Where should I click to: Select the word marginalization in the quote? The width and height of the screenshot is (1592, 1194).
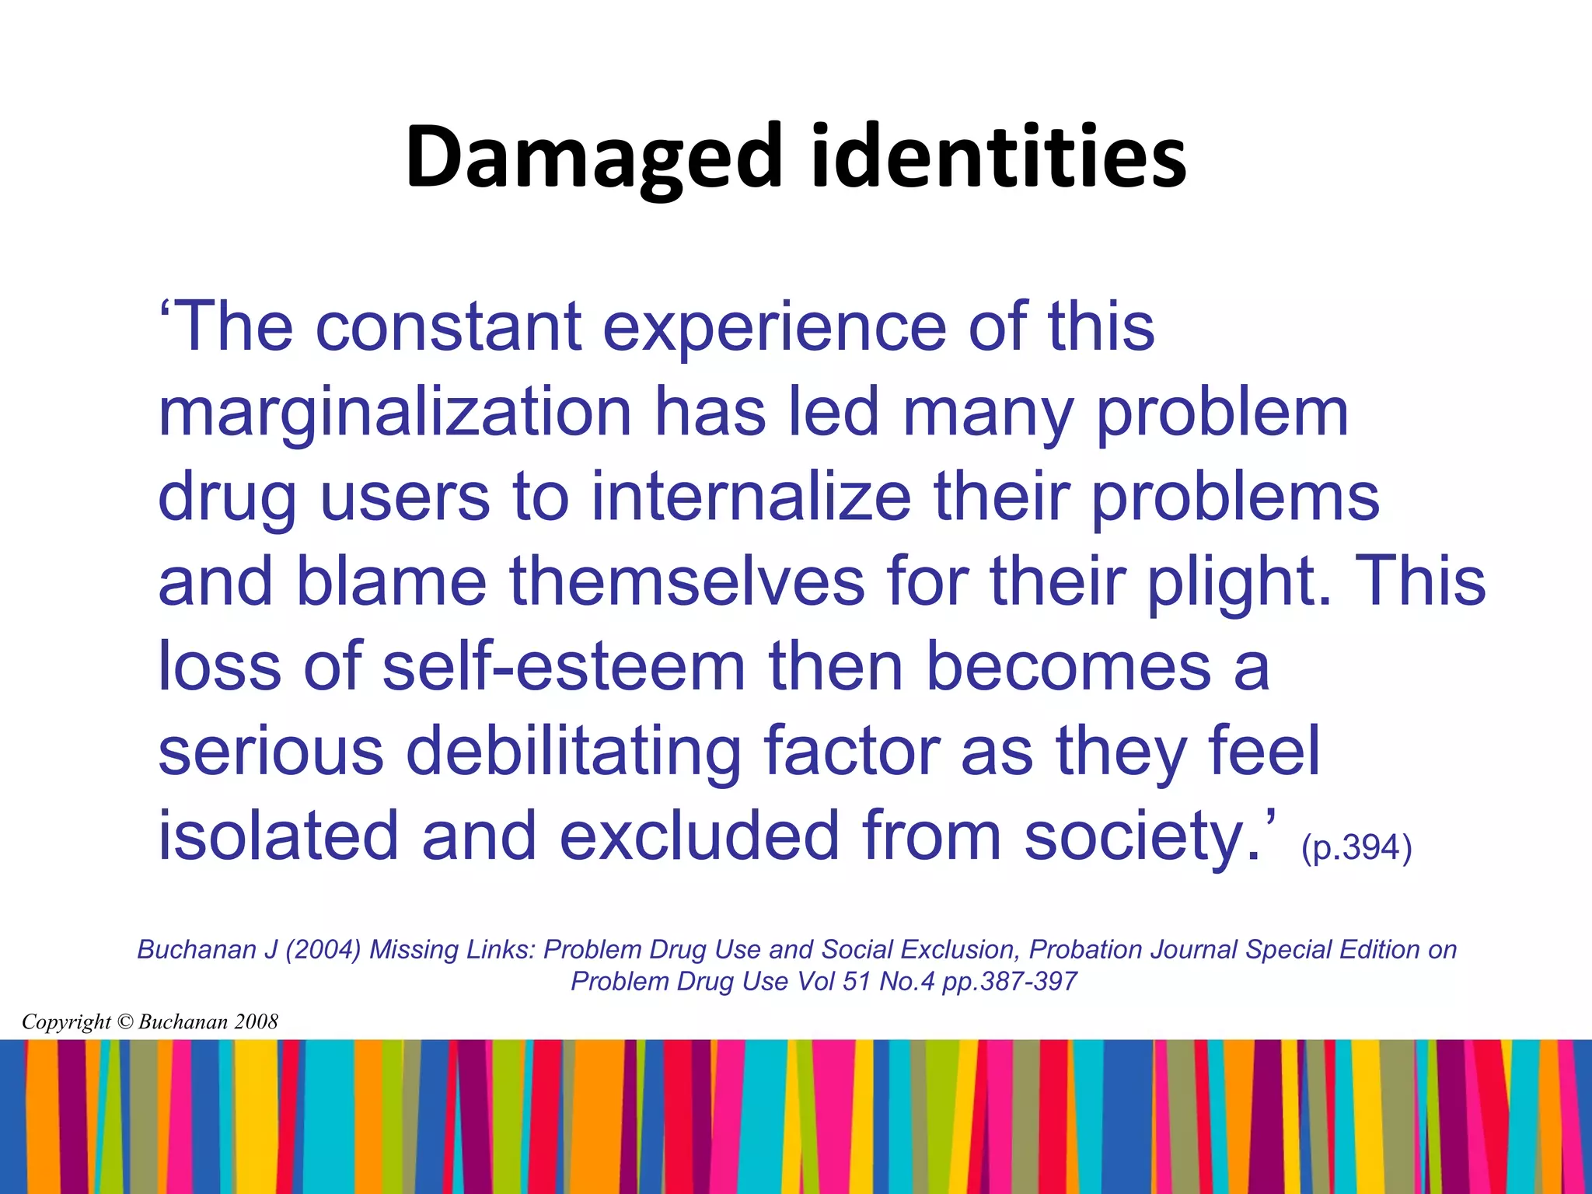pyautogui.click(x=395, y=414)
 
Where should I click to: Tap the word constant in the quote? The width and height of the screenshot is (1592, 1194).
pyautogui.click(x=449, y=327)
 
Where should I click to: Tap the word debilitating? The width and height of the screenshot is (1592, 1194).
pyautogui.click(x=574, y=752)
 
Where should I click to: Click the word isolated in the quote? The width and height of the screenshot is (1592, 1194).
pyautogui.click(x=278, y=836)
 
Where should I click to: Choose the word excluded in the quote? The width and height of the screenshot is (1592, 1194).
pyautogui.click(x=700, y=836)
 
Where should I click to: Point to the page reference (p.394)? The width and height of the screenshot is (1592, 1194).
pyautogui.click(x=1356, y=847)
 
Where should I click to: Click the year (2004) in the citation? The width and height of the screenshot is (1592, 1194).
pyautogui.click(x=323, y=950)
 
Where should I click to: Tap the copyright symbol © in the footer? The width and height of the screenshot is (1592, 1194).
pyautogui.click(x=124, y=1022)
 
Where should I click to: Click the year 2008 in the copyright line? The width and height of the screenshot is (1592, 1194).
pyautogui.click(x=257, y=1022)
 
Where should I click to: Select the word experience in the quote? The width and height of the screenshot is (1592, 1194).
pyautogui.click(x=774, y=327)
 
